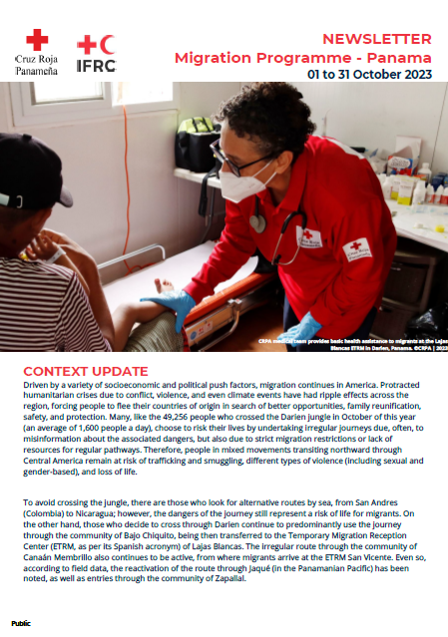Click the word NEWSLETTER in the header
(377, 39)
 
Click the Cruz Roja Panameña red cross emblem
(38, 40)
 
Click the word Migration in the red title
(214, 58)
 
